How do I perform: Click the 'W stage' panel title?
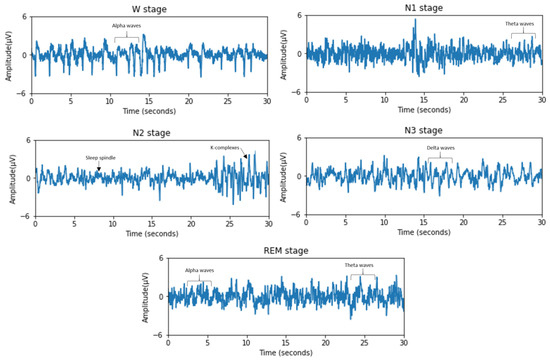148,9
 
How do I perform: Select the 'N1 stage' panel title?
424,8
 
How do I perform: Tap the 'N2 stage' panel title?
152,133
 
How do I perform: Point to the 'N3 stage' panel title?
424,131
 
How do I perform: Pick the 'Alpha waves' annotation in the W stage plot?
126,26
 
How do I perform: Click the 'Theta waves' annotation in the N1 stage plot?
519,24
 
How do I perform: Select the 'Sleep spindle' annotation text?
100,158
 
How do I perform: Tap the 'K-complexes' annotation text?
225,148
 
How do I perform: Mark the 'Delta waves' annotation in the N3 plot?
440,149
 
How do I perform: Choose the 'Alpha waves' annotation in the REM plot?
199,271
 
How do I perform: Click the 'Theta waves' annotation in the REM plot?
359,266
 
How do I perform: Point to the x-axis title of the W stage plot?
149,111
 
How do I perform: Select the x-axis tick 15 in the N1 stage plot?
424,101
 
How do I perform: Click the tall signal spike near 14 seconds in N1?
415,22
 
